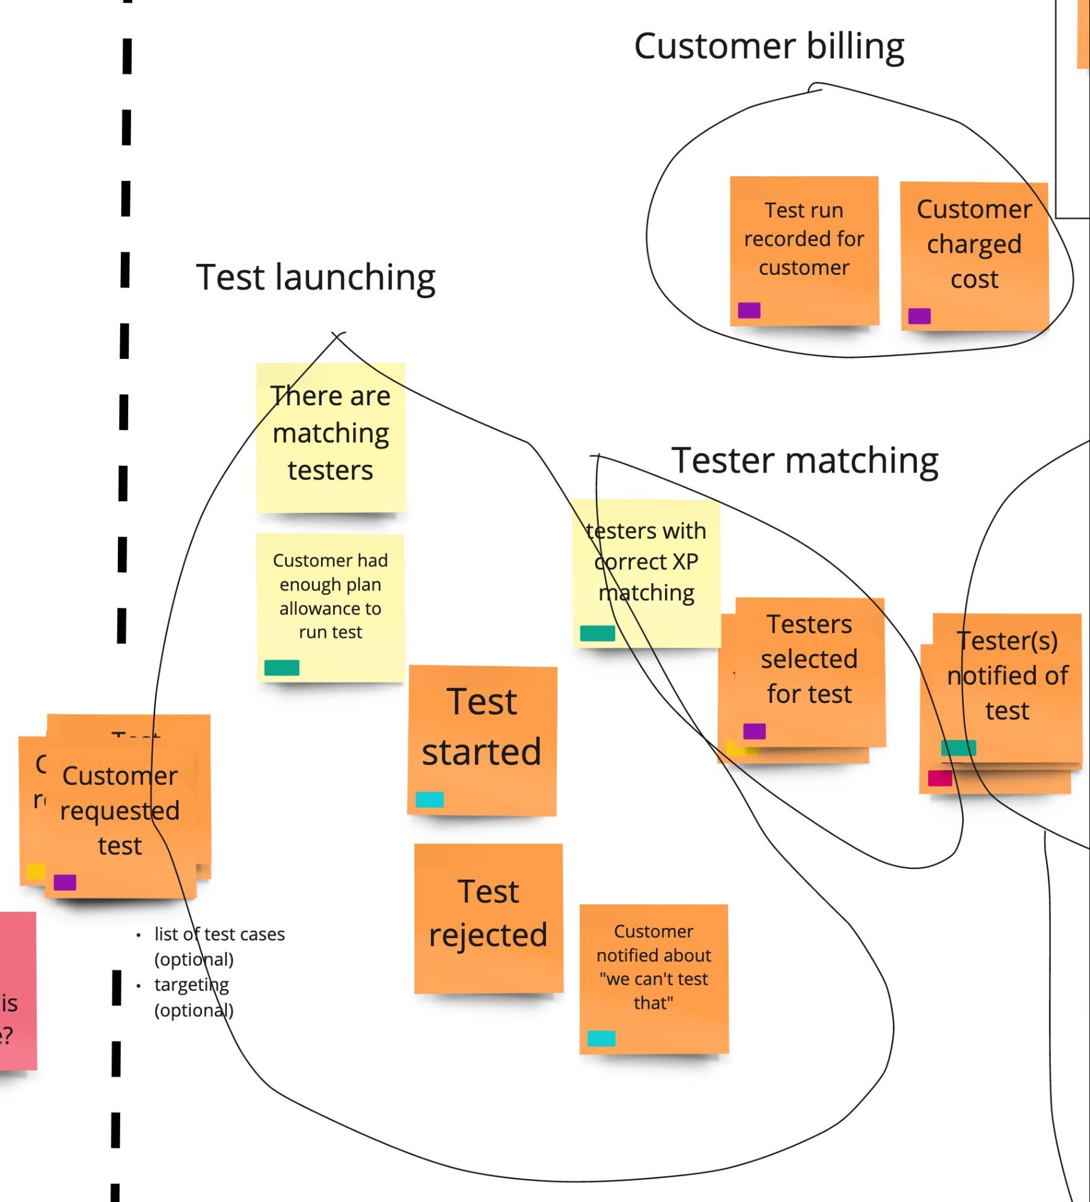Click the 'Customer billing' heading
pyautogui.click(x=769, y=46)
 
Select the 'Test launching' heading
pyautogui.click(x=316, y=277)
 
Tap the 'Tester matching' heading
pyautogui.click(x=804, y=461)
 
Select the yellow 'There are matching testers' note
pyautogui.click(x=331, y=434)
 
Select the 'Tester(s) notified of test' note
pyautogui.click(x=1008, y=676)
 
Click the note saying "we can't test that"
pyautogui.click(x=654, y=968)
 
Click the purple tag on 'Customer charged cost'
pyautogui.click(x=919, y=316)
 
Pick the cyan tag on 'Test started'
pyautogui.click(x=430, y=799)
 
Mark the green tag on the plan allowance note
pyautogui.click(x=282, y=667)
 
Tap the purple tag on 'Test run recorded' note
pyautogui.click(x=749, y=310)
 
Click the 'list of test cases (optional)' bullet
pyautogui.click(x=219, y=946)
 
